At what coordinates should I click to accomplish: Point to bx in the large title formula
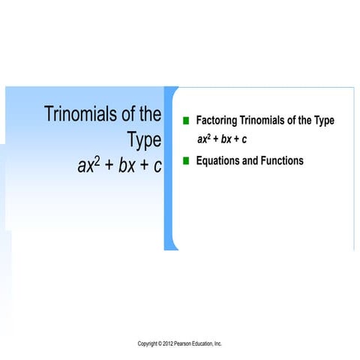coord(125,166)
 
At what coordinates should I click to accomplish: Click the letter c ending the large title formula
coord(157,166)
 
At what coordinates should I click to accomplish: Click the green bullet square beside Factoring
coord(185,121)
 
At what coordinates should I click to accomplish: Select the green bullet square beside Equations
coord(185,160)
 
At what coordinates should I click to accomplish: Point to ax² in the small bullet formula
coord(203,139)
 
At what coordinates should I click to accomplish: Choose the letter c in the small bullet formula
coord(244,139)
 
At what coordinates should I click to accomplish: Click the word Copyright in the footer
coord(148,343)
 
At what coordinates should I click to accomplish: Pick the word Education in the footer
coord(211,343)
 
